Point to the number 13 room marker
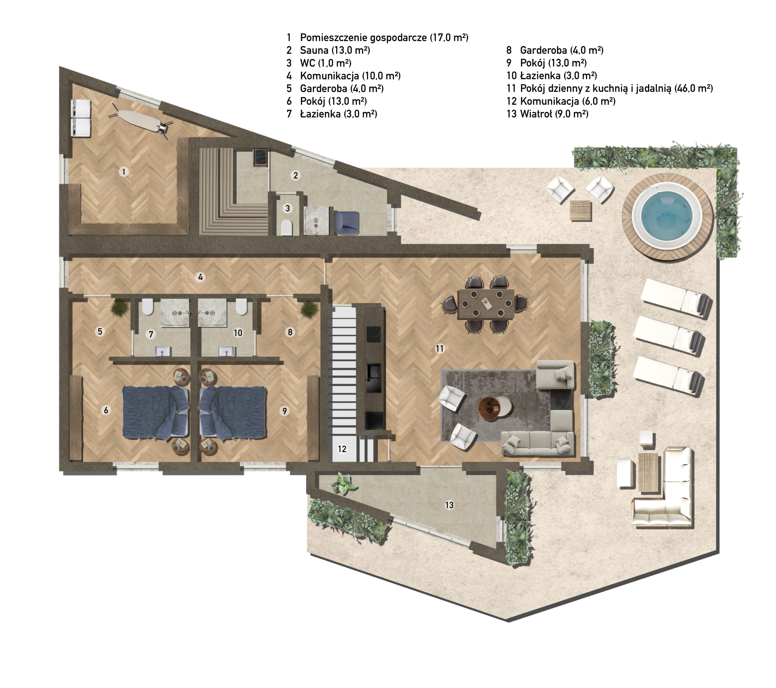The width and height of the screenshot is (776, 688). (450, 505)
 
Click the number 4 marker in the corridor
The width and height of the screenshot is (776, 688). (200, 277)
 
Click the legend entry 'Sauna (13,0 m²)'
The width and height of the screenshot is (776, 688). (335, 50)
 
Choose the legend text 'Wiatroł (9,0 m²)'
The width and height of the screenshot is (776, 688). (554, 114)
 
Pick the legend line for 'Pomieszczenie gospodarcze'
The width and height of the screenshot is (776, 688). (384, 38)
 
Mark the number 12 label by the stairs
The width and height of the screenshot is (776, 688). (342, 449)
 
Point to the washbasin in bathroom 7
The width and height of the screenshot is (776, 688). (163, 351)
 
